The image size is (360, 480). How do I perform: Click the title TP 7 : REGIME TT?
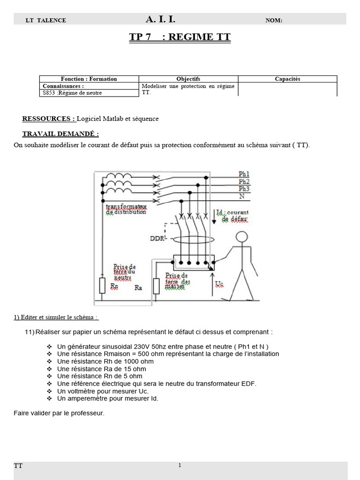(180, 37)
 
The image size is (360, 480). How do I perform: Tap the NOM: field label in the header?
(274, 20)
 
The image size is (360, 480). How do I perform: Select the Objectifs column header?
(188, 79)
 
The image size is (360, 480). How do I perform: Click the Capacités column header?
(287, 79)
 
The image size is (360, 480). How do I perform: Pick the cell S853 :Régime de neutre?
(72, 93)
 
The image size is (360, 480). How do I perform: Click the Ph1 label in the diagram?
(244, 174)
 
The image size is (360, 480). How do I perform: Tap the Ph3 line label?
(244, 188)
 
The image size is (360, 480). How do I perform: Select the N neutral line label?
(241, 196)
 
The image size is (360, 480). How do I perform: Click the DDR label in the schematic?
(157, 238)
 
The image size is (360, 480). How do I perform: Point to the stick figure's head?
(241, 237)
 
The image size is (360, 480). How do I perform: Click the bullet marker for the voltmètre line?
(50, 391)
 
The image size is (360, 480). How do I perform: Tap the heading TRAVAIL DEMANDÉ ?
(60, 134)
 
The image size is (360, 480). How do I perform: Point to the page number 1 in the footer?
(180, 465)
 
